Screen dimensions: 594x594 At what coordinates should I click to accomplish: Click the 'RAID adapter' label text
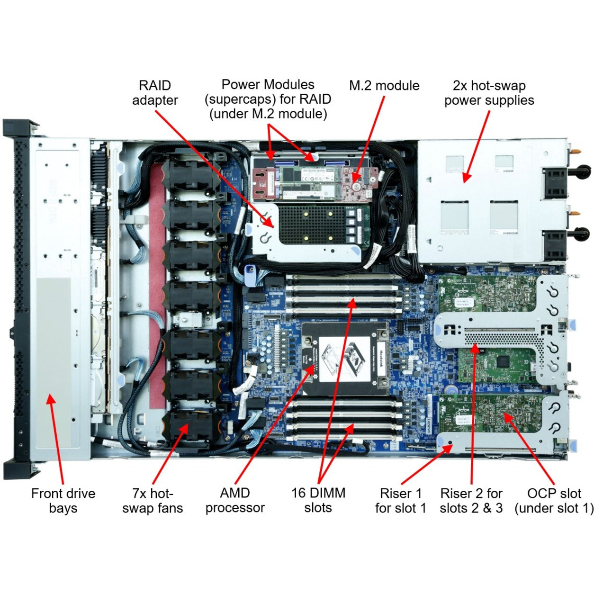[154, 93]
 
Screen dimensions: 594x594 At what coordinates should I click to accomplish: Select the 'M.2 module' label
[384, 86]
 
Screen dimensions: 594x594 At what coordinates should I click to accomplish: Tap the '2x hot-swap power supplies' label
[489, 93]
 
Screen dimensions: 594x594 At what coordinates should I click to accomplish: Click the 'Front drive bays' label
[63, 501]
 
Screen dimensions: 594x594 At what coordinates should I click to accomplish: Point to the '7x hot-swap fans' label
[152, 501]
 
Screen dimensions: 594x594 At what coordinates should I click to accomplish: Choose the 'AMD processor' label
[235, 500]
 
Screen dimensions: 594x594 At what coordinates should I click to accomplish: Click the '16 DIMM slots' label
[318, 500]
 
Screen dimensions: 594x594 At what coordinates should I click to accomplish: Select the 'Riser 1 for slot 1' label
[400, 501]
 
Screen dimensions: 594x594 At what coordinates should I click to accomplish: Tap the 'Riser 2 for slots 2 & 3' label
[471, 501]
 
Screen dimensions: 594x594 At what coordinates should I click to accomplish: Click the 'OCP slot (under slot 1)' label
[554, 501]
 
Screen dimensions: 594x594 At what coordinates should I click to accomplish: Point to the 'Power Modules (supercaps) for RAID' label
[268, 99]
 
